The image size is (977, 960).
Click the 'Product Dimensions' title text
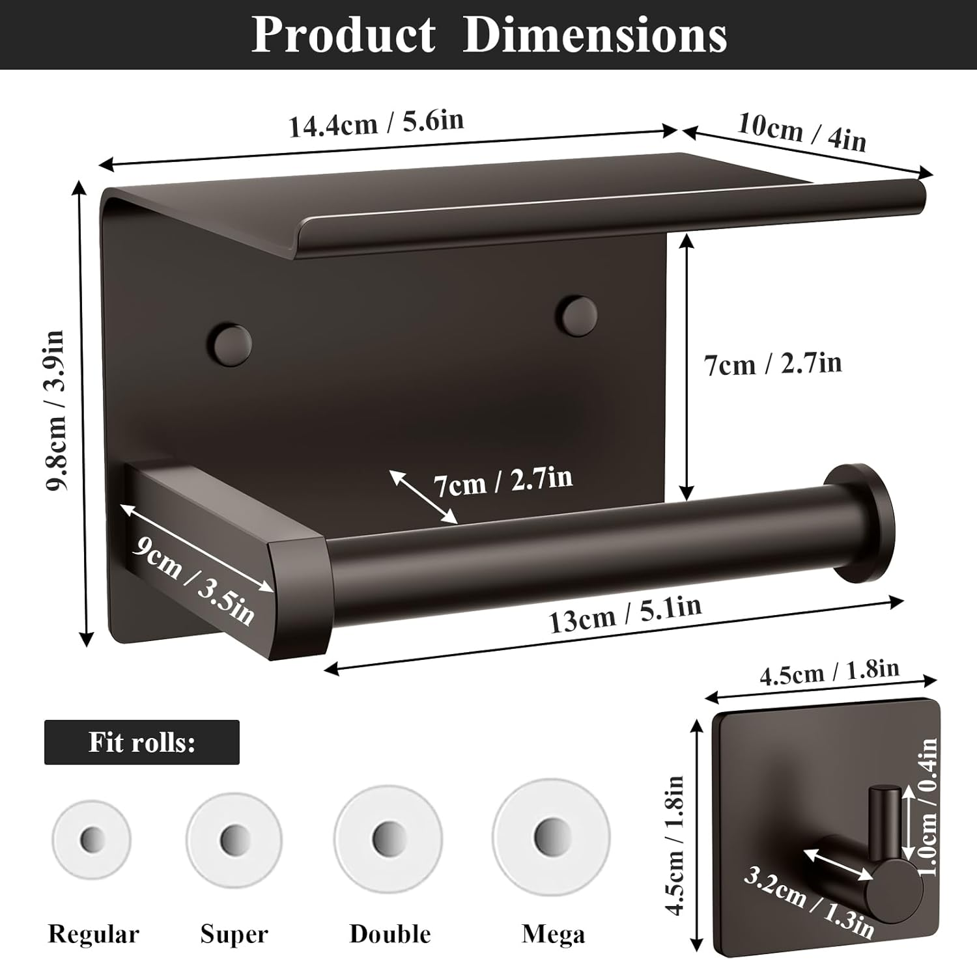[x=488, y=34]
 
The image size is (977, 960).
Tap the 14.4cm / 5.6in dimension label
[x=376, y=123]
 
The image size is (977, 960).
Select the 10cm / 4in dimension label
[x=802, y=133]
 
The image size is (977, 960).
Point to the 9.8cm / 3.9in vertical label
[x=56, y=411]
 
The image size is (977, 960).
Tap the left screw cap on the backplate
[x=229, y=342]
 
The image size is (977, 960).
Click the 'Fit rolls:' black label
[x=142, y=742]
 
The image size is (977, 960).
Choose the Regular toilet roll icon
[x=91, y=839]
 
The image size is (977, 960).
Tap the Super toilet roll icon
[x=234, y=838]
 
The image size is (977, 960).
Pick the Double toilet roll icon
[x=388, y=837]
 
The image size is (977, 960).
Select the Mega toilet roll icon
[x=550, y=835]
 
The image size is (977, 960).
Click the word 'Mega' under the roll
[x=553, y=934]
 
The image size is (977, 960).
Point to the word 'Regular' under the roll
[x=93, y=934]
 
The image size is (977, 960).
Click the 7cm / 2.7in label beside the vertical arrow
[x=773, y=363]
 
